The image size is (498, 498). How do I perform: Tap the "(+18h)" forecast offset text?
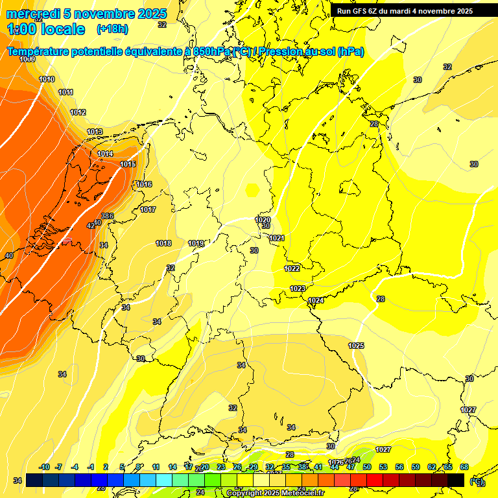click(x=112, y=29)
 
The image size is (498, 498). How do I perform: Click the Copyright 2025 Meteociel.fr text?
click(x=275, y=493)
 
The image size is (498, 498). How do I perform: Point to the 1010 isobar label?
click(x=47, y=79)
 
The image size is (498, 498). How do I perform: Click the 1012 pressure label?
click(x=78, y=112)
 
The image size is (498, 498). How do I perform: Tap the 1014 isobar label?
click(x=105, y=154)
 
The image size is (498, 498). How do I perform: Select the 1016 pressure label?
click(x=144, y=185)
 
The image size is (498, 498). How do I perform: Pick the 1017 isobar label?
click(x=148, y=209)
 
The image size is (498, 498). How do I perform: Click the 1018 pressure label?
click(x=163, y=243)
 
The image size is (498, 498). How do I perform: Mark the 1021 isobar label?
click(x=277, y=238)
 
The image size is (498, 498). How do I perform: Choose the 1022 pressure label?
click(x=292, y=268)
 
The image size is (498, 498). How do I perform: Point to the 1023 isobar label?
click(x=298, y=289)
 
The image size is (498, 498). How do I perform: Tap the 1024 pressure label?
click(x=316, y=300)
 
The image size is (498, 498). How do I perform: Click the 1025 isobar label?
click(x=356, y=346)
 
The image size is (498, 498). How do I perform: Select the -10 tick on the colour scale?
click(x=44, y=467)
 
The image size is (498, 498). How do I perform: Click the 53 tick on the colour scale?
click(x=383, y=467)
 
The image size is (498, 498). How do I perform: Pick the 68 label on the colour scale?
click(x=464, y=467)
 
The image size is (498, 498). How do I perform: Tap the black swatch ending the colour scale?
click(x=456, y=480)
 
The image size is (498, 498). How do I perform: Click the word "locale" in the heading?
click(x=62, y=29)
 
